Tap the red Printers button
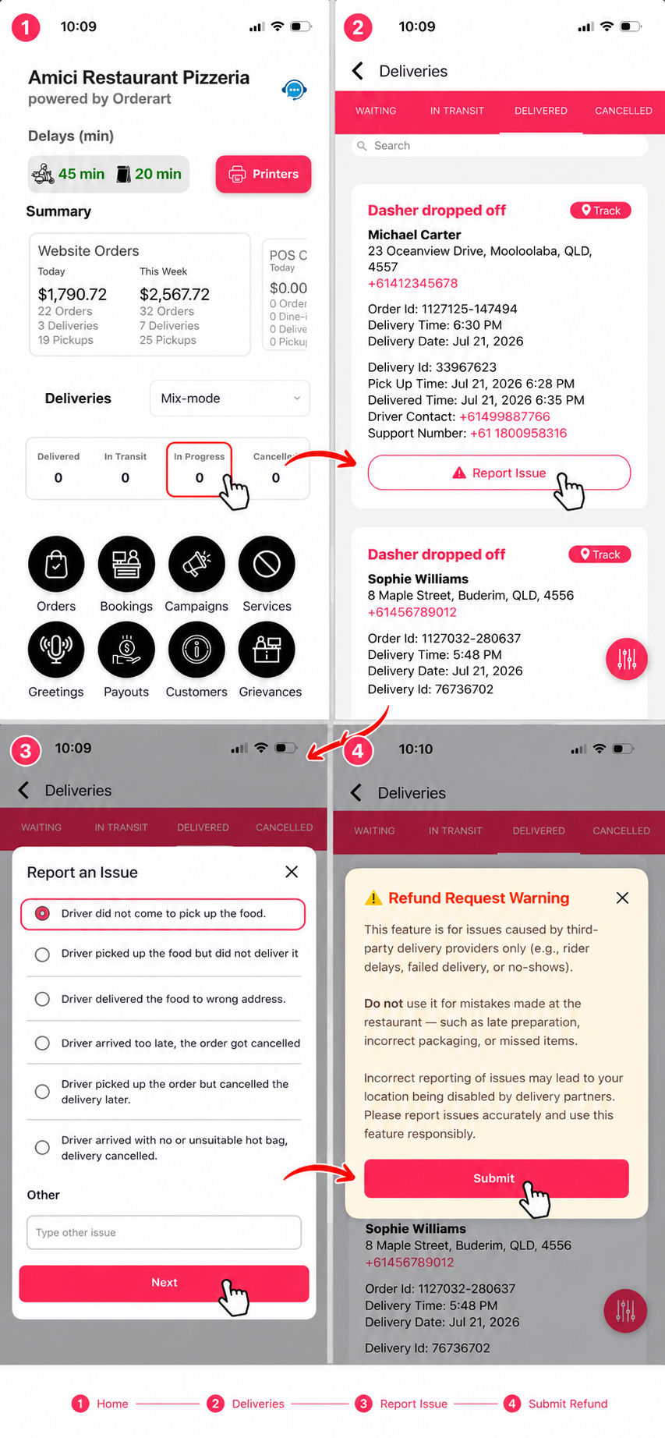click(x=263, y=174)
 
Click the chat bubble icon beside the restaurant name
click(x=294, y=90)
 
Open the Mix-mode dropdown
click(x=229, y=398)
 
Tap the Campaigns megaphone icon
click(x=196, y=564)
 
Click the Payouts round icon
click(x=126, y=650)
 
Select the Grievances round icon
click(x=267, y=650)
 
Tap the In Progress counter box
click(x=199, y=469)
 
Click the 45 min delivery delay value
click(x=81, y=174)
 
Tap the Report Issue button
click(x=499, y=473)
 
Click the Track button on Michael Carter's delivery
click(x=600, y=211)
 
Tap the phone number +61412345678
click(x=412, y=283)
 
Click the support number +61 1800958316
click(x=518, y=433)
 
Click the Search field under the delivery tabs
click(x=499, y=146)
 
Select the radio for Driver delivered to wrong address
click(x=43, y=999)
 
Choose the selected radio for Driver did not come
click(x=43, y=913)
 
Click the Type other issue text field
click(x=164, y=1232)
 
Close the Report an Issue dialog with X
click(x=292, y=872)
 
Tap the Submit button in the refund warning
click(x=496, y=1178)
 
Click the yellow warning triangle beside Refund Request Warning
click(x=373, y=898)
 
